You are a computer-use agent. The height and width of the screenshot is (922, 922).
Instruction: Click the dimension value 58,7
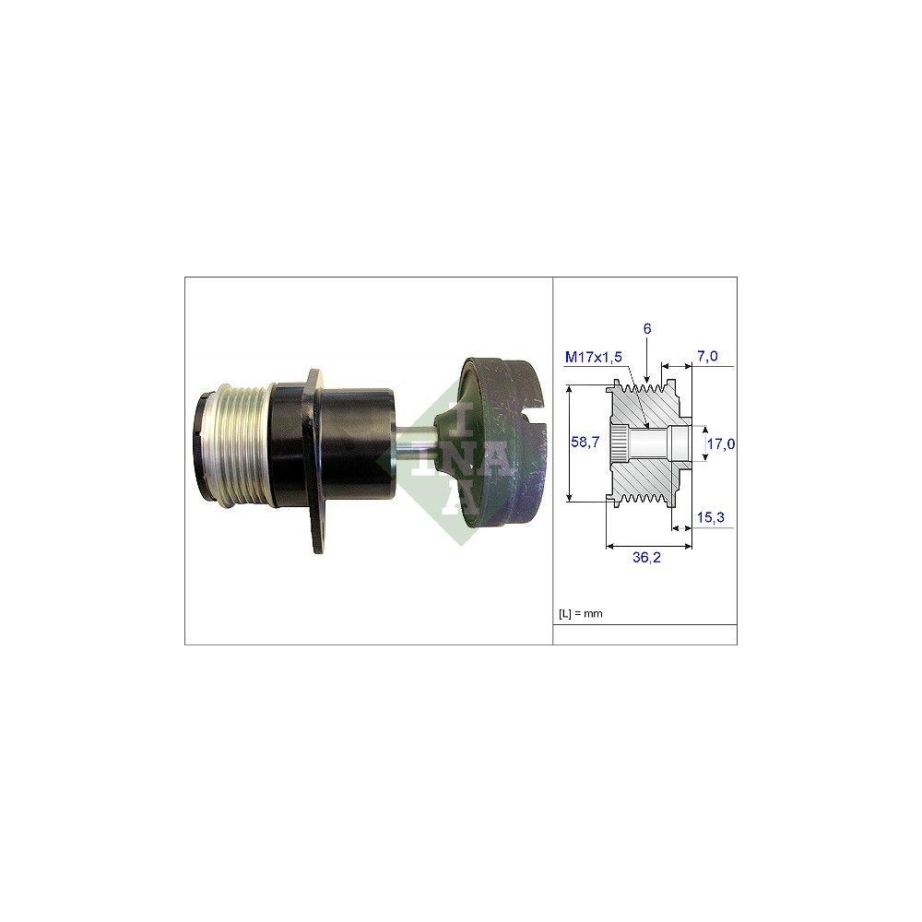[585, 443]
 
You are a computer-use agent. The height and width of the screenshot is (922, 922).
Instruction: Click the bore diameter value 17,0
[719, 443]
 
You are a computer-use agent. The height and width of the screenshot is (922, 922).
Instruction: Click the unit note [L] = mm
[580, 613]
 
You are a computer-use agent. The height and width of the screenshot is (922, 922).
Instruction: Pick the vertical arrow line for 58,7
[570, 443]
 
